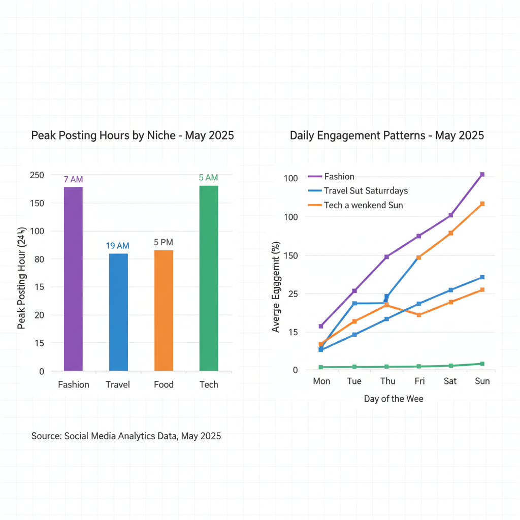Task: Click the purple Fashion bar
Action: click(73, 279)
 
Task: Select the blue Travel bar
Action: click(118, 312)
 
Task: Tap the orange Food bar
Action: click(164, 310)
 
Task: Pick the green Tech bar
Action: click(209, 278)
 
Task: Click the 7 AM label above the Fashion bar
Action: click(73, 179)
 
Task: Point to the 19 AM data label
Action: click(118, 246)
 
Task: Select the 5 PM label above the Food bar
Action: click(164, 242)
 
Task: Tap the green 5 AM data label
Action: click(208, 178)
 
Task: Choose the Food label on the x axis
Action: click(164, 384)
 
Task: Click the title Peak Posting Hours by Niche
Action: click(133, 136)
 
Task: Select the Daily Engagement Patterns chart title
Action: click(387, 136)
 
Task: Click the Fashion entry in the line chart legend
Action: click(339, 177)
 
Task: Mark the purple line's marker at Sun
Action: click(482, 175)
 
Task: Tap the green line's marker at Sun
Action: click(482, 364)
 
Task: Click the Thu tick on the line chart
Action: click(387, 381)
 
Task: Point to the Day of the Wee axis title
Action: click(393, 399)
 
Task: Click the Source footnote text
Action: click(126, 436)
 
